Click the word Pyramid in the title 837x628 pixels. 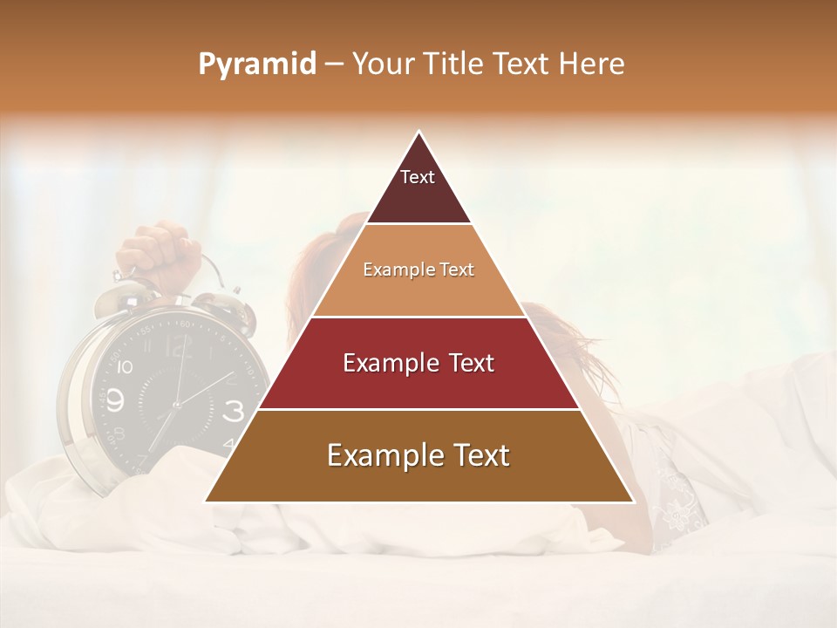[x=256, y=65]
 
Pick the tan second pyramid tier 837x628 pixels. [x=418, y=270]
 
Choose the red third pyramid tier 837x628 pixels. [x=418, y=364]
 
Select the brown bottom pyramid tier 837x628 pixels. [x=418, y=456]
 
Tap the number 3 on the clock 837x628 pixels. [x=234, y=410]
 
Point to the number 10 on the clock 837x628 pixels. [x=124, y=367]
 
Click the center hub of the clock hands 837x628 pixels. [x=176, y=405]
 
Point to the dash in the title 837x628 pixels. [x=333, y=65]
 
